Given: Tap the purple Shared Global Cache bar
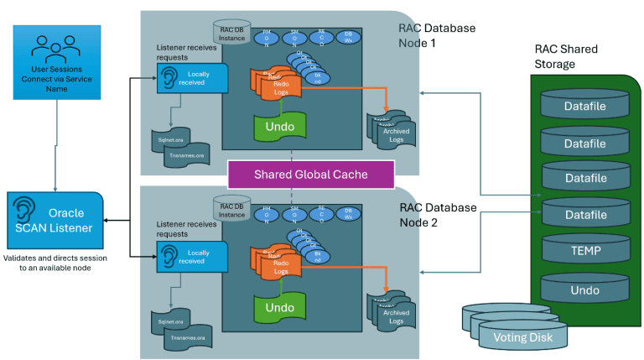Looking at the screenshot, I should click(x=310, y=174).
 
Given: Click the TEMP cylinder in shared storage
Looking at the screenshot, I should click(x=584, y=249).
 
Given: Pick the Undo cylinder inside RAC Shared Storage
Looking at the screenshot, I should click(x=584, y=289).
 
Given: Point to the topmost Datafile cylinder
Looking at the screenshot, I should click(x=584, y=107).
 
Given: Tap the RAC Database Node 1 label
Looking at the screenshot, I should click(x=436, y=34).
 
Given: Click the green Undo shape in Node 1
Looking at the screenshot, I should click(x=279, y=125).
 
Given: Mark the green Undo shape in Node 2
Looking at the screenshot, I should click(x=279, y=307).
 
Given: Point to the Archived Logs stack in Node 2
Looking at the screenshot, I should click(x=393, y=313).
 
